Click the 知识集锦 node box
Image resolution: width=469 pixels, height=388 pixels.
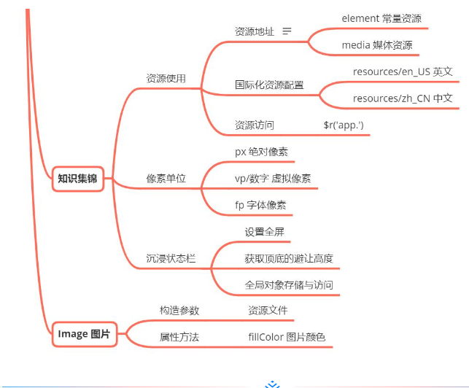[x=77, y=179]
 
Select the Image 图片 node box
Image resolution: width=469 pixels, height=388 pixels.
[x=84, y=334]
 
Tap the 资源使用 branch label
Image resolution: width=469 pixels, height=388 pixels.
[x=166, y=79]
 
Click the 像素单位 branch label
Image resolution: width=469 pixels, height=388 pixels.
[x=166, y=179]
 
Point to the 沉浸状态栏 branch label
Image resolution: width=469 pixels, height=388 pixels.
[x=171, y=259]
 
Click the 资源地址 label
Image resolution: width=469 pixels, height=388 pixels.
[x=255, y=32]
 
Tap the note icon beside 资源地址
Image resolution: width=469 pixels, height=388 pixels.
[x=287, y=31]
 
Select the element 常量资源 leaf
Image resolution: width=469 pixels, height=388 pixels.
[x=381, y=18]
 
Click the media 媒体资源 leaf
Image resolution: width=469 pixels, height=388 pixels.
[x=377, y=45]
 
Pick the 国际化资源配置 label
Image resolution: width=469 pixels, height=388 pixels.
[x=269, y=85]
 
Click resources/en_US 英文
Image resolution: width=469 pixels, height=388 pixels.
[x=403, y=71]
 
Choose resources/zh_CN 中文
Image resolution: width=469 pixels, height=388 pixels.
[x=403, y=98]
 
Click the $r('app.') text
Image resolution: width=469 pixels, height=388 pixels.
[x=344, y=125]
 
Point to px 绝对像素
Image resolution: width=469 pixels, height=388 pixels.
[x=261, y=152]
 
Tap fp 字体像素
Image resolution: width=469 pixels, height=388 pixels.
[x=260, y=205]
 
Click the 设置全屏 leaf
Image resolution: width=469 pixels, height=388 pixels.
[x=264, y=233]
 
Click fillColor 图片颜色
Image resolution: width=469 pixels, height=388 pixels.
[x=287, y=337]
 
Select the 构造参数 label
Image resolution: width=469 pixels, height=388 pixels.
[x=179, y=311]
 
